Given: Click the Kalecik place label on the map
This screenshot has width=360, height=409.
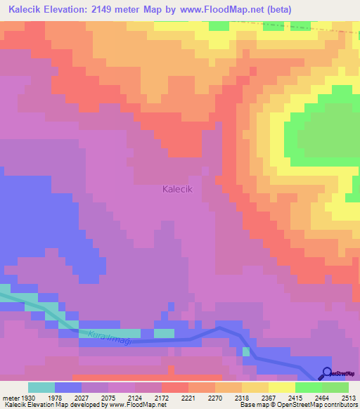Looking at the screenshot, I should point(182,189).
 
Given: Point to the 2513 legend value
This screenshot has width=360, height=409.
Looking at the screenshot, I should point(349,397).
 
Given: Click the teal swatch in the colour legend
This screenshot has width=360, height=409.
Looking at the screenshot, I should point(41,387).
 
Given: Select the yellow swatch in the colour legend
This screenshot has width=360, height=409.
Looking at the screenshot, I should point(282,387).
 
